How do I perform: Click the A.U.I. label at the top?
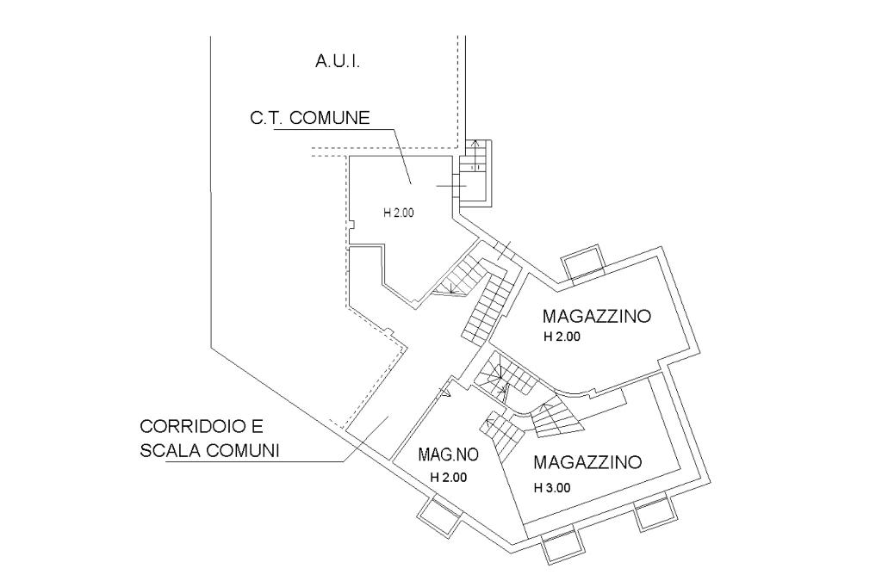[338, 61]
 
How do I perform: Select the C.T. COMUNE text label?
[310, 118]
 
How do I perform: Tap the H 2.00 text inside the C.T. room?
[398, 213]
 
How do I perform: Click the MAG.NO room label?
[448, 454]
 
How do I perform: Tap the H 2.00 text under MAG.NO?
[448, 478]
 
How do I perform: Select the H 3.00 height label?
[552, 488]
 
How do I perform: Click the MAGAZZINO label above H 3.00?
[587, 462]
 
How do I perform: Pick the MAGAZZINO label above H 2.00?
[596, 316]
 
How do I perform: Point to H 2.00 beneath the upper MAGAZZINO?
[562, 337]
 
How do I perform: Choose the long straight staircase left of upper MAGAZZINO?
[488, 306]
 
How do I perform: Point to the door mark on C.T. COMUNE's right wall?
[451, 186]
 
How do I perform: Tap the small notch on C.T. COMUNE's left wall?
[351, 226]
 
